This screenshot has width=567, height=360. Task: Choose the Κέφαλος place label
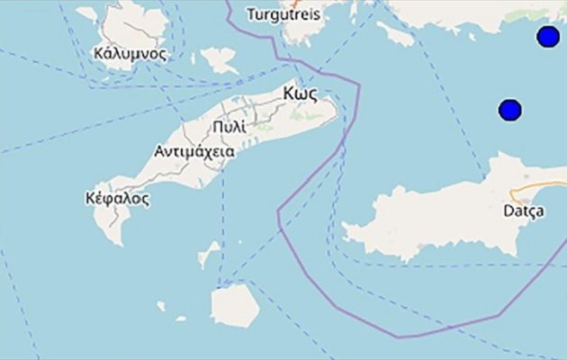pyautogui.click(x=116, y=198)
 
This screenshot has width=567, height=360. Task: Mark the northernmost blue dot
pyautogui.click(x=548, y=37)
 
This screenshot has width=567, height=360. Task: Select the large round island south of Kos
pyautogui.click(x=235, y=305)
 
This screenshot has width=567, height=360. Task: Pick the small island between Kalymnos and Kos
pyautogui.click(x=219, y=62)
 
